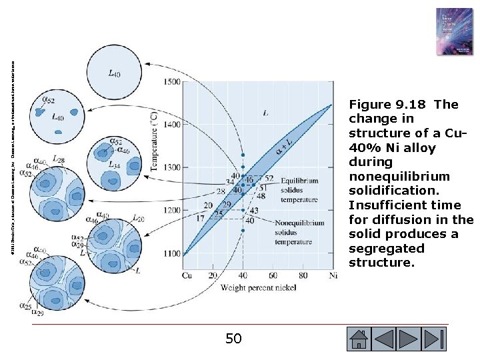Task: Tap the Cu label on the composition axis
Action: coord(187,275)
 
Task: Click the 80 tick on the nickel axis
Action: coord(303,275)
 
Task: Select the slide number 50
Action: coord(233,339)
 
